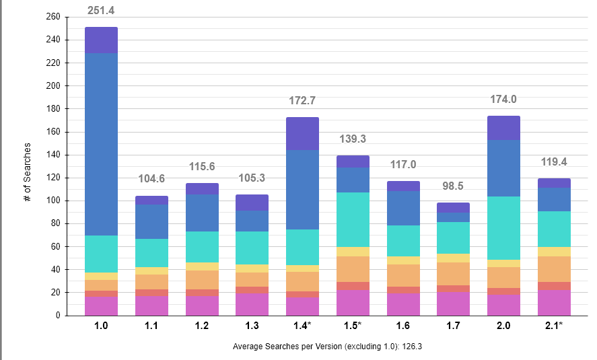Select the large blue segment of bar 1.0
(101, 144)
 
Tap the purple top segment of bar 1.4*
(302, 133)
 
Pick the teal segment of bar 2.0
(503, 228)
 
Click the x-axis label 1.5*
(353, 326)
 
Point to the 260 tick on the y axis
(53, 17)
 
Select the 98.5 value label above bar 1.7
(453, 186)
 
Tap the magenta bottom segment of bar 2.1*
(554, 303)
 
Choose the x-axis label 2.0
(503, 326)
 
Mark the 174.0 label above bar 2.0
(503, 100)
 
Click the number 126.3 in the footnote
(410, 347)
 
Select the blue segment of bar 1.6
(403, 208)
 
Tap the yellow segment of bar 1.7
(453, 258)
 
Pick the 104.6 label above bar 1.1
(151, 179)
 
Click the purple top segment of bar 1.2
(202, 188)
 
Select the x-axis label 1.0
(101, 326)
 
